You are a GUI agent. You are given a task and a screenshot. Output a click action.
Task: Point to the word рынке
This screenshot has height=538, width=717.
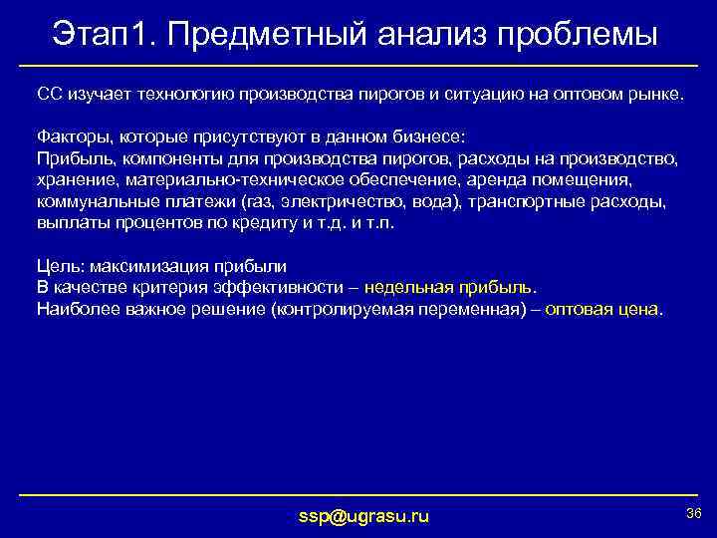655,93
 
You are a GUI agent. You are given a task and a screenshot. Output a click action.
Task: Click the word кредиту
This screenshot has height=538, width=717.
272,223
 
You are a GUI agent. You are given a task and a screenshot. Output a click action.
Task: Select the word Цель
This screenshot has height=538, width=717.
56,266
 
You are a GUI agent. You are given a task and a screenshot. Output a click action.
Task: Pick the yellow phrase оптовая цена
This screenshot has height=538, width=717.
601,310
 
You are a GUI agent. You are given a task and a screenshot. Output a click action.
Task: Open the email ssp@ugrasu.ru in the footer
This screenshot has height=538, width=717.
364,515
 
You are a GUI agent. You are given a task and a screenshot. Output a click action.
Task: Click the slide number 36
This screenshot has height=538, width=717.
694,512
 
